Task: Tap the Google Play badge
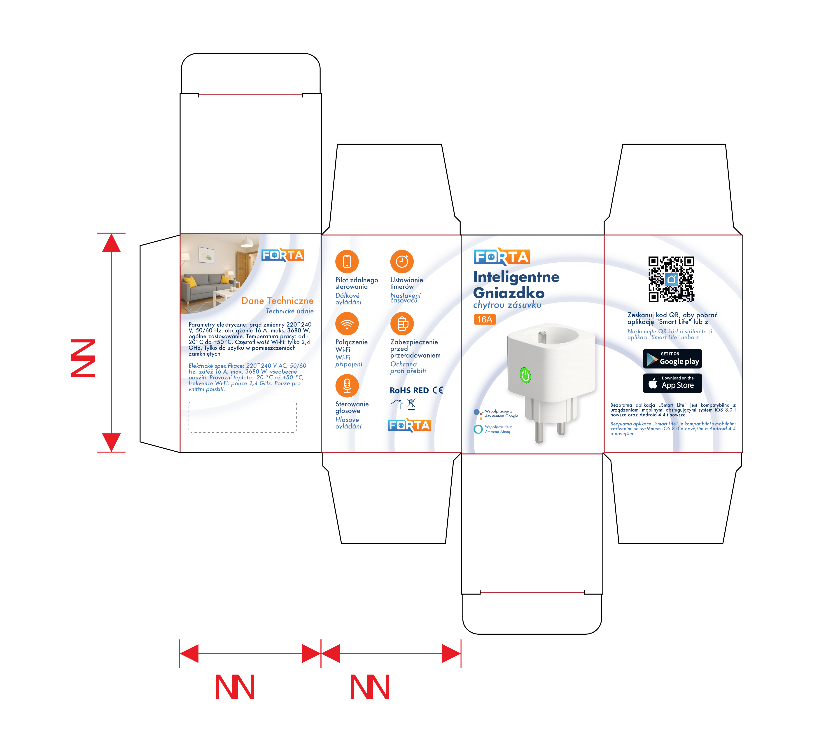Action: [x=672, y=359]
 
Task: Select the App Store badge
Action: [x=672, y=383]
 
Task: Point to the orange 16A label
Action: [x=485, y=319]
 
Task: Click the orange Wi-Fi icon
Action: [x=347, y=324]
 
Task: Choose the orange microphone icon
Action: [x=347, y=385]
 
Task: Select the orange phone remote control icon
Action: [x=347, y=261]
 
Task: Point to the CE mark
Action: [x=438, y=390]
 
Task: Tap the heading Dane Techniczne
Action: [x=277, y=301]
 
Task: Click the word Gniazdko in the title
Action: [x=509, y=293]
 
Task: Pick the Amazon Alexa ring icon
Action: [x=478, y=429]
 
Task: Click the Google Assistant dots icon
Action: [x=478, y=413]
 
